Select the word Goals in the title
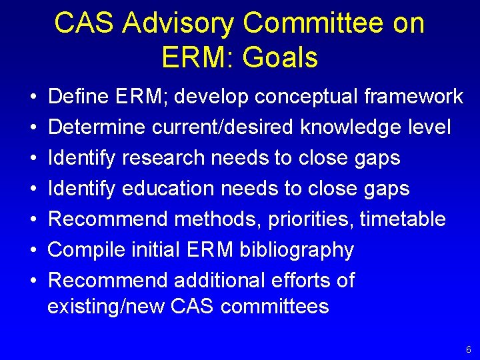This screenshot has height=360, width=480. pos(281,58)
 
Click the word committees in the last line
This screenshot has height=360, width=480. pos(275,307)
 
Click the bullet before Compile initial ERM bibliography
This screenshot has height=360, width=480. pos(33,251)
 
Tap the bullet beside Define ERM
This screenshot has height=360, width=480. pos(33,97)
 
